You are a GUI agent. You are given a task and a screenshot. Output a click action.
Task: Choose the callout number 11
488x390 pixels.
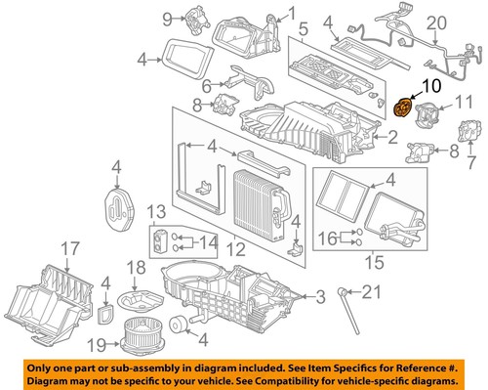point(467,100)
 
